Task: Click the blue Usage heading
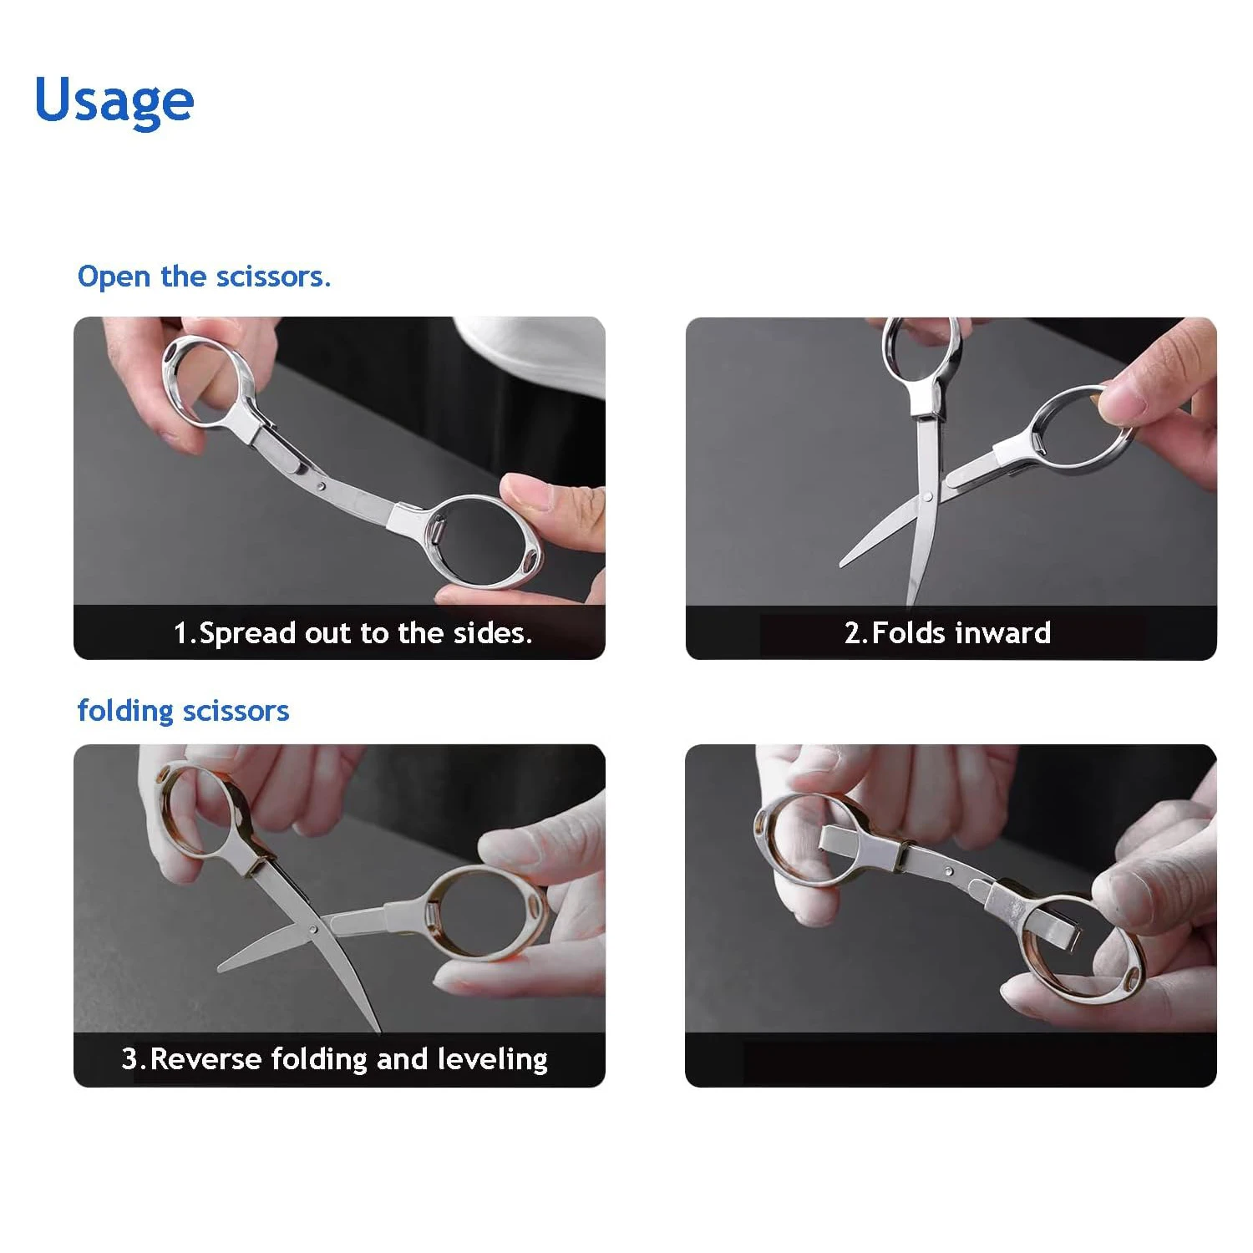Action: click(x=114, y=100)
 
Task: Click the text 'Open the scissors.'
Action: click(x=204, y=276)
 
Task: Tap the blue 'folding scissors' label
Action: click(x=183, y=711)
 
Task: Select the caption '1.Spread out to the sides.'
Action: click(x=353, y=633)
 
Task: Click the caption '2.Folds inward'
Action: click(x=947, y=633)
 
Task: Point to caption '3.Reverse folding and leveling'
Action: click(x=334, y=1059)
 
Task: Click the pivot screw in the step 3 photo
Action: click(x=313, y=928)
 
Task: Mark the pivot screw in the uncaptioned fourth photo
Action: click(x=949, y=872)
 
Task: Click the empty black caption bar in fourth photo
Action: click(x=951, y=1059)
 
